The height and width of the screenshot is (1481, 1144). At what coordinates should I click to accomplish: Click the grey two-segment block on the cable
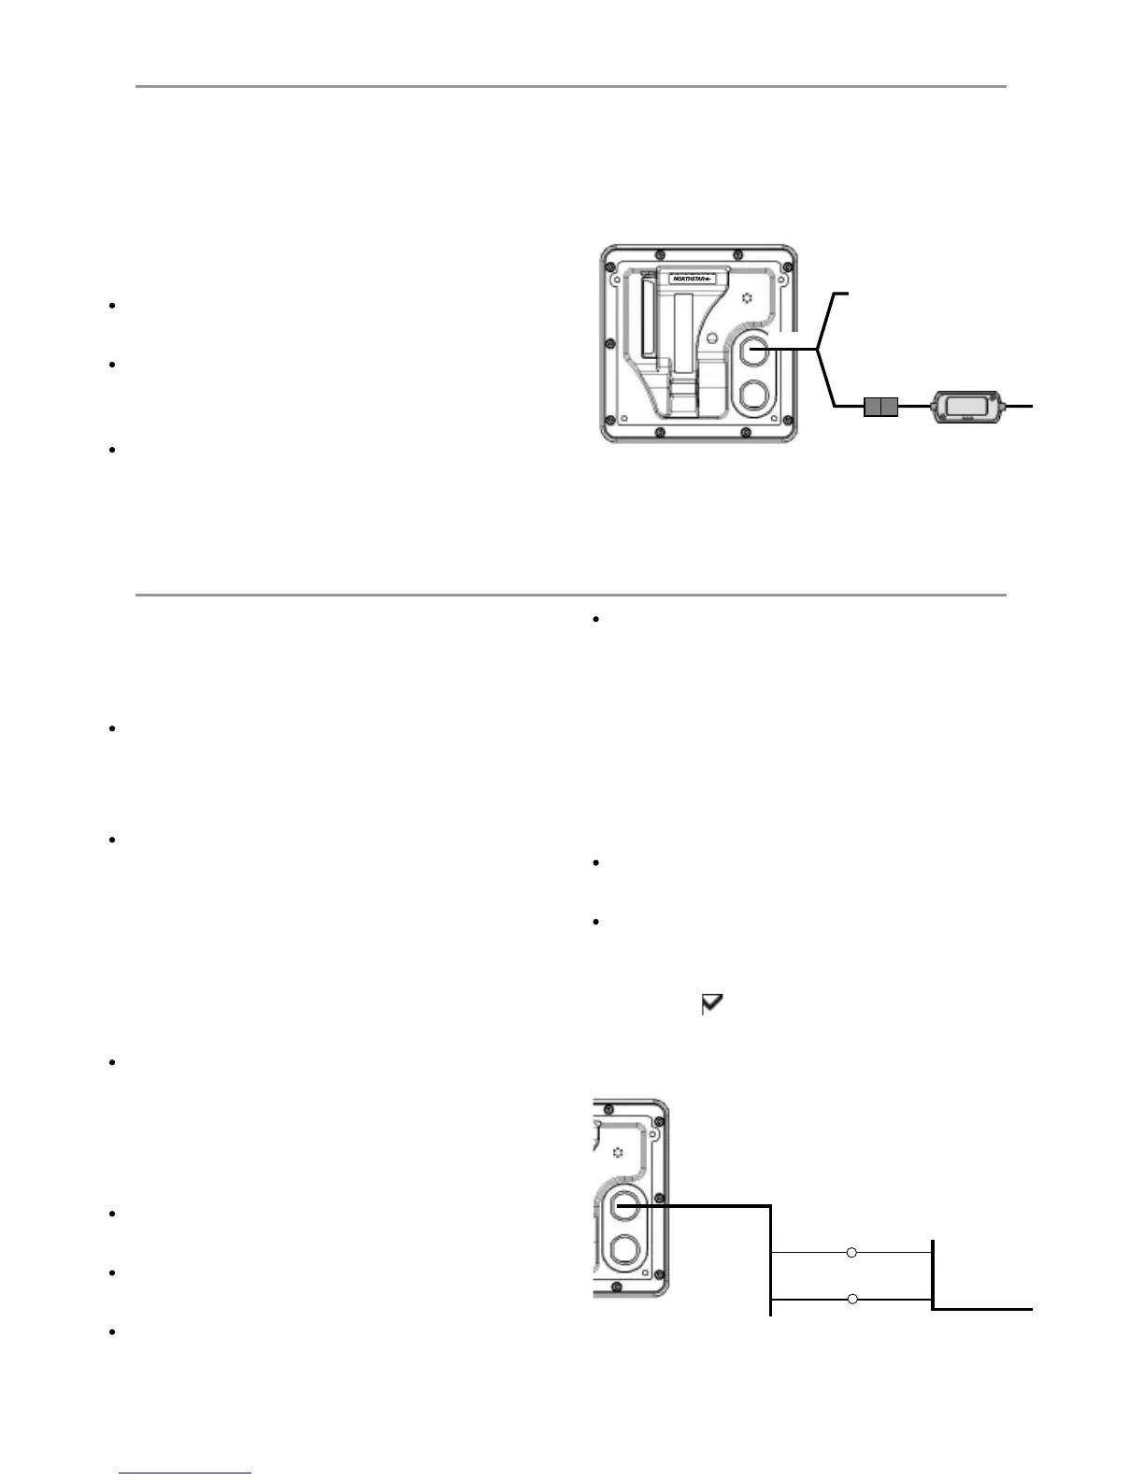(x=879, y=407)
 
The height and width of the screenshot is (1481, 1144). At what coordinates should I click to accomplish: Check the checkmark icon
(x=713, y=1005)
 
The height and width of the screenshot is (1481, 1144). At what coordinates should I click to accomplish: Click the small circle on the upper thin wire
(x=851, y=1252)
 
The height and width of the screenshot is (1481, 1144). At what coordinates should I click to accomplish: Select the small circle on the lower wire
(x=851, y=1300)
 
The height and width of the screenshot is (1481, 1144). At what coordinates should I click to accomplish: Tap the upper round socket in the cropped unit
(x=624, y=1206)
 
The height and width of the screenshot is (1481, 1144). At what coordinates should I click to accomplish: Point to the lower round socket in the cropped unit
(x=624, y=1249)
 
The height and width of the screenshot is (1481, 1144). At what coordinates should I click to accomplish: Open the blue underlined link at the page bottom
(x=185, y=1473)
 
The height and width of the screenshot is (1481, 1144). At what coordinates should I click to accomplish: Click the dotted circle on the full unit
(x=746, y=298)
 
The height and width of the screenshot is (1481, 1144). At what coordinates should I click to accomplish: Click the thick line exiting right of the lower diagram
(x=991, y=1309)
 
